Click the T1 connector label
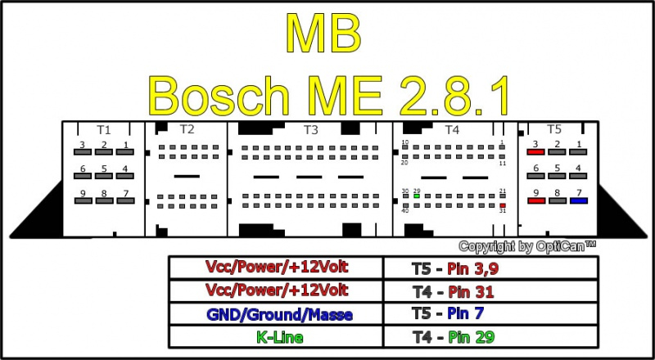103,129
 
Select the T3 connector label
310,129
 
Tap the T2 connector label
187,129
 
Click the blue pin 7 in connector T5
580,200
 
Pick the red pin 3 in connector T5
535,152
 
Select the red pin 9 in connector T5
535,200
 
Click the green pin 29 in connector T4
417,196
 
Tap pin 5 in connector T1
103,177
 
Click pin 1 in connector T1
125,153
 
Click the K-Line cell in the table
276,335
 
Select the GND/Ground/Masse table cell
276,313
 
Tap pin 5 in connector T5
557,176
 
